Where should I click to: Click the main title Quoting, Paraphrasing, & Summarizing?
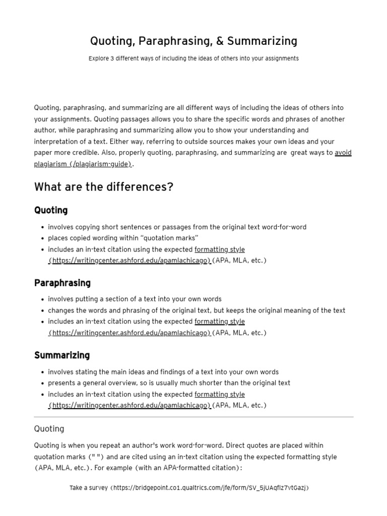(x=193, y=41)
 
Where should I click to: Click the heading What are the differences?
(x=104, y=187)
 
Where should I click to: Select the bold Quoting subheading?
(x=51, y=210)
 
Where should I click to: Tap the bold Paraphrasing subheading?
(x=62, y=283)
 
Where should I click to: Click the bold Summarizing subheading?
(x=62, y=355)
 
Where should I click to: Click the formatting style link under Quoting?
(x=220, y=249)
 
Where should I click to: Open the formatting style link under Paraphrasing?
(x=220, y=321)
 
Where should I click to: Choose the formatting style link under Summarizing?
(x=220, y=395)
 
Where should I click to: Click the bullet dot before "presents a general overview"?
(x=42, y=383)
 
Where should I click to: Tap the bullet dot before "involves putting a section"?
(x=42, y=299)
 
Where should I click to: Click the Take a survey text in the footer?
(x=89, y=488)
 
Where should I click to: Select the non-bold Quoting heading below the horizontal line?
(x=49, y=429)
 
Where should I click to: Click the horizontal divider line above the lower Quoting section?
(x=193, y=417)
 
